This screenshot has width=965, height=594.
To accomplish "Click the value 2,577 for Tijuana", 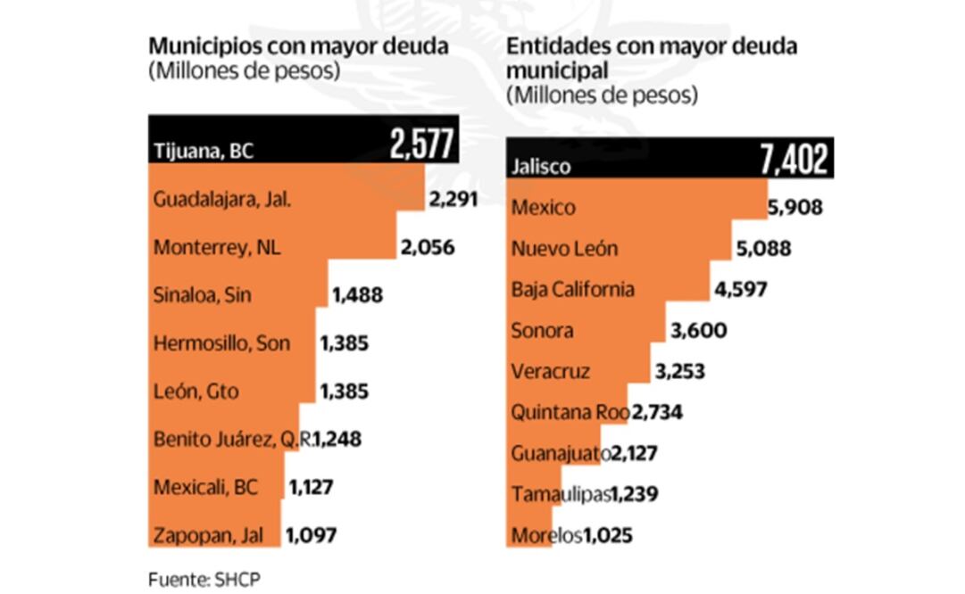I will (x=422, y=144).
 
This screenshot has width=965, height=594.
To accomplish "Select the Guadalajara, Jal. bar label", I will (x=222, y=199).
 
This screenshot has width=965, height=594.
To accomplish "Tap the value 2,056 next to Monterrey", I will (x=428, y=247).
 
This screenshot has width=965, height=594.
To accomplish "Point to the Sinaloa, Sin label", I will (x=202, y=295).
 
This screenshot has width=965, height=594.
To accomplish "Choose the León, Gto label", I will (x=196, y=391).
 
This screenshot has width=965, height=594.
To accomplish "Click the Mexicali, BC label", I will (x=205, y=487).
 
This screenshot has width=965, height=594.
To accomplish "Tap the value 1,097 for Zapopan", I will (x=311, y=535).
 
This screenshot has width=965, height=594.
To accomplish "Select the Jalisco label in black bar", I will (x=540, y=166).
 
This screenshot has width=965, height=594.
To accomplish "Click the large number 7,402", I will (x=794, y=160).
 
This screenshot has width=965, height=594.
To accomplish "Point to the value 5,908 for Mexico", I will (x=794, y=208).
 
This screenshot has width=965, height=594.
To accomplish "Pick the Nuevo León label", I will (x=564, y=249).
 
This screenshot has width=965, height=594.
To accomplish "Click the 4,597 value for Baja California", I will (x=740, y=290).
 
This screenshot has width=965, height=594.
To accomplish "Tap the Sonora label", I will (x=541, y=331).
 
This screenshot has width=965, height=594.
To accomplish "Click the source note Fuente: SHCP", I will (x=204, y=578).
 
